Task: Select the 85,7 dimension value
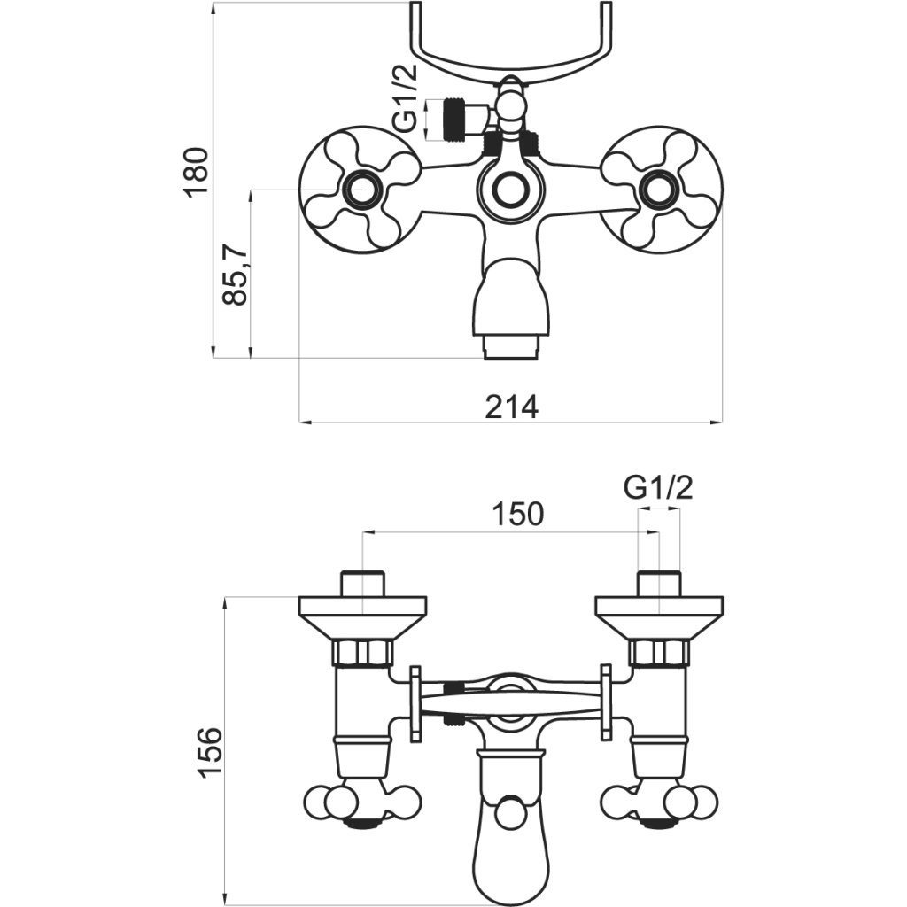point(234,274)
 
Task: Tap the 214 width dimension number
point(511,407)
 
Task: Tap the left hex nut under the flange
point(363,654)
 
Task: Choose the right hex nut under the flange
point(659,654)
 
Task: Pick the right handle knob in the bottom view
point(659,805)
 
